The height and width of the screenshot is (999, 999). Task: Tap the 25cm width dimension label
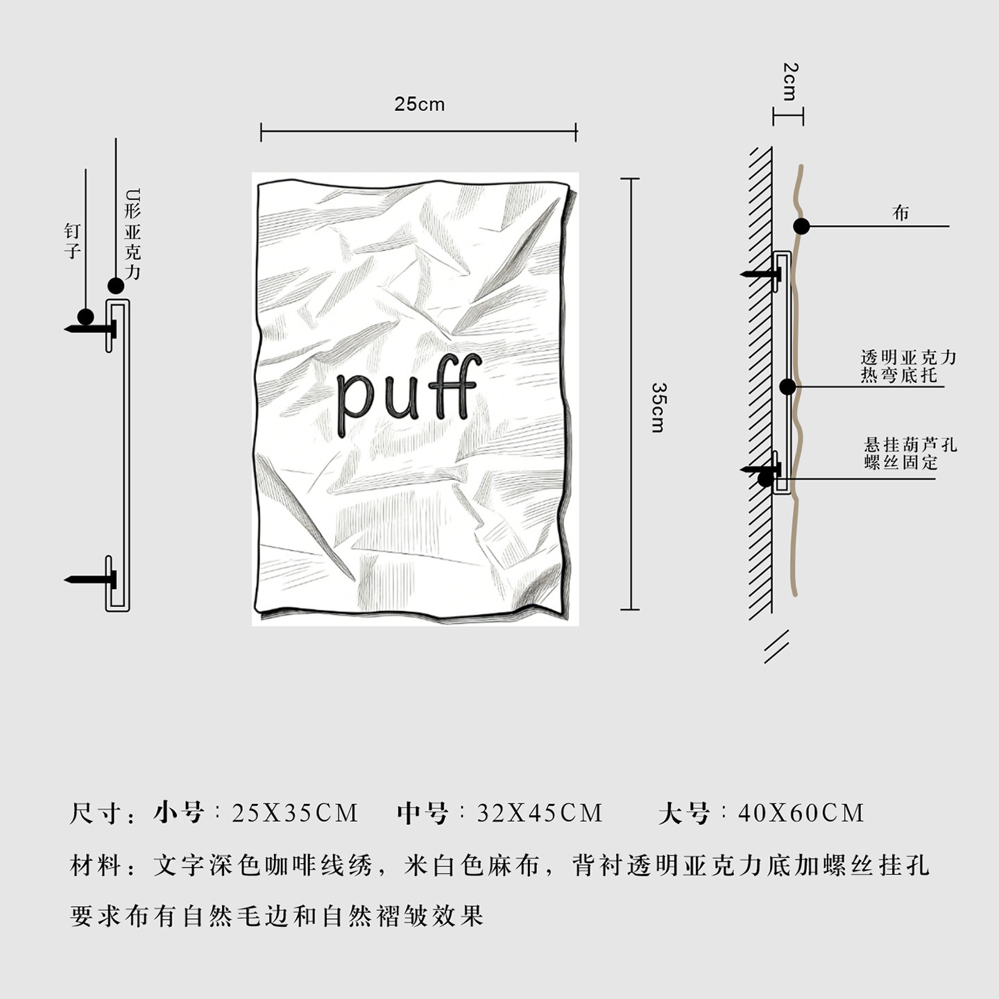[x=419, y=104]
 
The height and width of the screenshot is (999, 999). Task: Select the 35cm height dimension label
[x=658, y=407]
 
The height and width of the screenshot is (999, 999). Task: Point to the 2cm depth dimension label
[x=789, y=81]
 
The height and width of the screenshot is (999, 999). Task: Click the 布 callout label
[x=900, y=213]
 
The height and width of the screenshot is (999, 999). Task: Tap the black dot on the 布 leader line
[x=801, y=226]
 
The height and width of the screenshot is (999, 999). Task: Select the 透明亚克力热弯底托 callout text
[x=908, y=366]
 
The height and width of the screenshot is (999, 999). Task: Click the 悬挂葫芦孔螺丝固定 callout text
[x=910, y=453]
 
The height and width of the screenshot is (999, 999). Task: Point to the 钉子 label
[x=73, y=241]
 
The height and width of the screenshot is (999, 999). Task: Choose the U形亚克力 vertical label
[x=133, y=234]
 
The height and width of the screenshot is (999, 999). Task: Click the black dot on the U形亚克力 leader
[x=116, y=285]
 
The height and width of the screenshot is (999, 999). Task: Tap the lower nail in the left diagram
[x=90, y=579]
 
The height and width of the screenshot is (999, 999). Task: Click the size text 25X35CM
[x=295, y=813]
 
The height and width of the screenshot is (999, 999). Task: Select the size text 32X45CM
[x=540, y=813]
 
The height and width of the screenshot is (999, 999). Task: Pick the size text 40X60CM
[x=801, y=813]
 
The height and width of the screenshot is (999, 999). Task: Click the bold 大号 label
[x=684, y=813]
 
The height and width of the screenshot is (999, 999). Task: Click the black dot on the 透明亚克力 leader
[x=787, y=386]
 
